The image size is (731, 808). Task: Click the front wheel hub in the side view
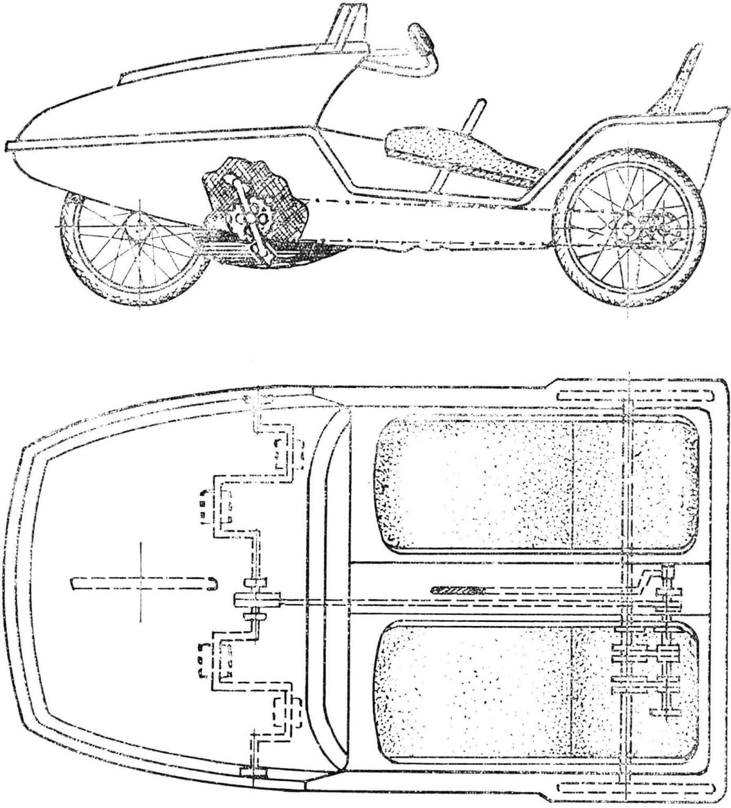pyautogui.click(x=139, y=226)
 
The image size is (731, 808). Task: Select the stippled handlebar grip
pyautogui.click(x=424, y=39)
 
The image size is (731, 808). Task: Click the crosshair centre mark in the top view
pyautogui.click(x=140, y=582)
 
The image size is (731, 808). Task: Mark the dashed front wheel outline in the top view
pyautogui.click(x=142, y=583)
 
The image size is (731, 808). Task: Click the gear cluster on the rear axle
pyautogui.click(x=647, y=658)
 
